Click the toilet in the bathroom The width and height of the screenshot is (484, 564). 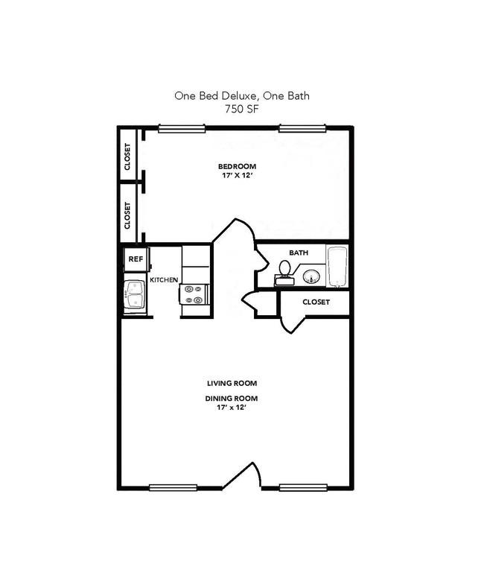point(284,273)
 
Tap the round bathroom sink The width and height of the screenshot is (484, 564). point(311,277)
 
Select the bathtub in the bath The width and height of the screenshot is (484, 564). point(337,266)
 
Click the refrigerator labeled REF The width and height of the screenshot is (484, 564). point(136,259)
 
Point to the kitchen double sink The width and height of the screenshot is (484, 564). point(135,294)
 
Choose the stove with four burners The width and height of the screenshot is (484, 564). point(194,294)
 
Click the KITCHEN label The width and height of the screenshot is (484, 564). point(164,280)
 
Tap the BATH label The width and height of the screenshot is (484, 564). point(299,253)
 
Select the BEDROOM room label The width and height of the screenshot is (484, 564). point(238,167)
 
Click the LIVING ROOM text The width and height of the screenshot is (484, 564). point(232,384)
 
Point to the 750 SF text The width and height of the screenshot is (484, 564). point(242,109)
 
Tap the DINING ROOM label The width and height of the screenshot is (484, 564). point(232,399)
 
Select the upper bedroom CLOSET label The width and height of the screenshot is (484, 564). point(127,156)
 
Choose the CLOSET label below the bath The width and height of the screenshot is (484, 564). point(316,302)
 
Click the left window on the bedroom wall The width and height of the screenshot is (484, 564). point(182,128)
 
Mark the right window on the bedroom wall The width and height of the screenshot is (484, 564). point(302,128)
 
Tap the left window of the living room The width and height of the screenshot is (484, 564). point(173,488)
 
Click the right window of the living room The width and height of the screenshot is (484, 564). point(303,488)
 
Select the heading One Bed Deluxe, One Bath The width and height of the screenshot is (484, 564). point(242,96)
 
